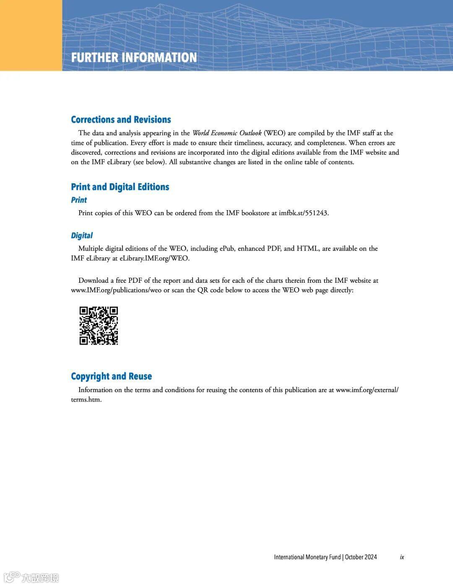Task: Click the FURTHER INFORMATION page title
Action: [x=134, y=57]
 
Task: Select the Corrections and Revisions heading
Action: [x=121, y=120]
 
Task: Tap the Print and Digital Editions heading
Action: [x=120, y=187]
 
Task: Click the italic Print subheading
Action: [x=79, y=200]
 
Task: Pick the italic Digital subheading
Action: [x=82, y=235]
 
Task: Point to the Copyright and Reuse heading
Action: [x=111, y=376]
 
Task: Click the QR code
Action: [x=99, y=326]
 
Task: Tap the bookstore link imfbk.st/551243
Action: [x=303, y=213]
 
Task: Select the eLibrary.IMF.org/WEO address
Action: [x=154, y=258]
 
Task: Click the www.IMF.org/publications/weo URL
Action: [x=116, y=290]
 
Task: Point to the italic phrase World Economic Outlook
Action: [x=227, y=133]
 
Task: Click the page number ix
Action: [x=402, y=557]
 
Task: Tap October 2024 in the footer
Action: [x=361, y=557]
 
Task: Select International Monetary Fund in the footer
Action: [x=307, y=557]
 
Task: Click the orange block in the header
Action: [x=31, y=35]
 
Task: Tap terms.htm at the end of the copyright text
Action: [x=86, y=400]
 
